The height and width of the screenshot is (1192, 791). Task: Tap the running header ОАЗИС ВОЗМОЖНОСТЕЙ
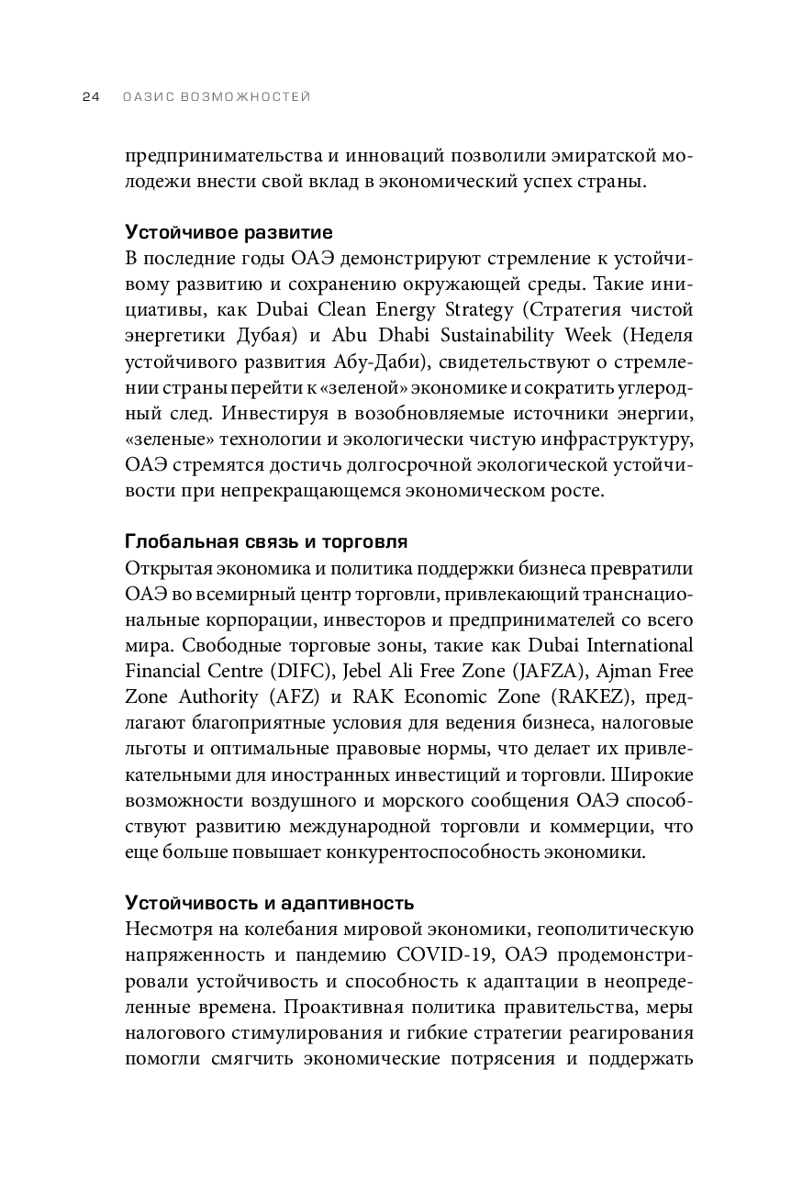pos(216,96)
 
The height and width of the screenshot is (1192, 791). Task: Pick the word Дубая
pos(231,333)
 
